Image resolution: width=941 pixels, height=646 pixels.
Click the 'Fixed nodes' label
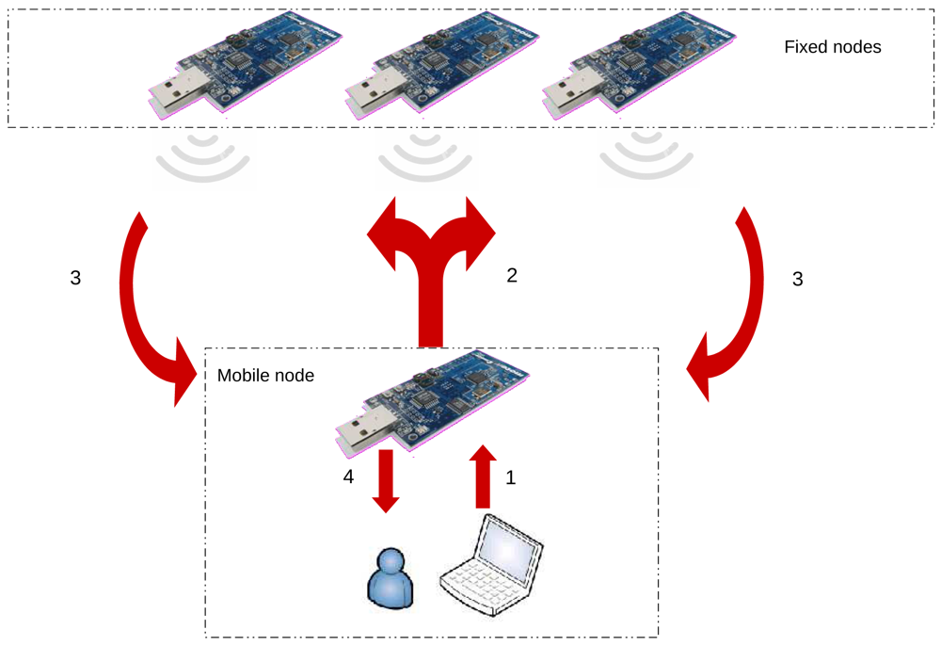coord(832,47)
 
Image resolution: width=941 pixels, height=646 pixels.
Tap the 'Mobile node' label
coord(265,376)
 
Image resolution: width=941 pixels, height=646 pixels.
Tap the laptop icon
coord(492,565)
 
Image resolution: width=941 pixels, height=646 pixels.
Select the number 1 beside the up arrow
coord(511,478)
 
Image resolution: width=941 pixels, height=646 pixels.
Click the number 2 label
coord(512,276)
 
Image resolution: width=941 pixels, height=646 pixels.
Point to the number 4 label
coord(348,478)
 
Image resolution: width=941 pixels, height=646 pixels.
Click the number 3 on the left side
coord(75,279)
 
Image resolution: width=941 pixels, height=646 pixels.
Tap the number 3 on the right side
coord(798,279)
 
